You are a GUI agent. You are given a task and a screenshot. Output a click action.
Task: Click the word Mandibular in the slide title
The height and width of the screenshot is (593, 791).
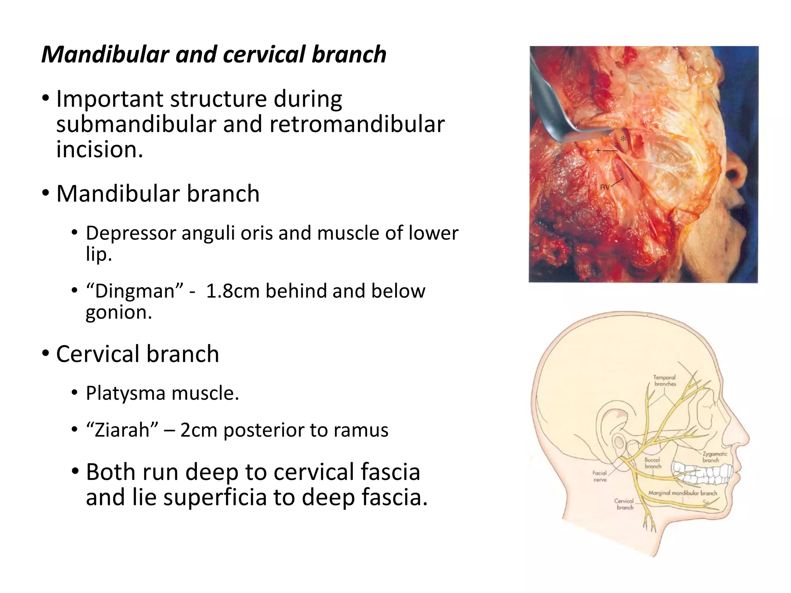click(105, 54)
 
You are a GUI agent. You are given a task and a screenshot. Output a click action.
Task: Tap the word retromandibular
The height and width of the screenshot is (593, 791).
click(357, 124)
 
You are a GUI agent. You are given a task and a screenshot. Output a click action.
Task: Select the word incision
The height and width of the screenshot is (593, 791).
click(100, 149)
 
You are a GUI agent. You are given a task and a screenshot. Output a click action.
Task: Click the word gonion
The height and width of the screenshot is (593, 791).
click(118, 312)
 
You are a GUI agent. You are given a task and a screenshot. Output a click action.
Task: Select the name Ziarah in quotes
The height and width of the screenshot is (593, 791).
click(122, 430)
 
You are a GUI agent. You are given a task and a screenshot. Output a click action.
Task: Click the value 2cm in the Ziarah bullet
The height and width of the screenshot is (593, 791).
click(198, 430)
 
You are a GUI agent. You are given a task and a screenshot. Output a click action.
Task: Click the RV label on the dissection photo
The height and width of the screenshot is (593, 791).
click(604, 187)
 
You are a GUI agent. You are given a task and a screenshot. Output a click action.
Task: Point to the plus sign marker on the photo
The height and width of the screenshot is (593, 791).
click(598, 151)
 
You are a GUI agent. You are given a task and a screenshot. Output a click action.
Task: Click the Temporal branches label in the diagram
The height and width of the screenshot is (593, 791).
click(665, 381)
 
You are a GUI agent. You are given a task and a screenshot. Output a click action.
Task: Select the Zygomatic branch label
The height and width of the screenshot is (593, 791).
click(714, 457)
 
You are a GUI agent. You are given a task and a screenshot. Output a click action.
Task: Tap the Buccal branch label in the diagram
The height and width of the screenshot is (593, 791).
click(653, 463)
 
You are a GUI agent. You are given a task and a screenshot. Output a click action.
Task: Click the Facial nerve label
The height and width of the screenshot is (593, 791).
click(599, 476)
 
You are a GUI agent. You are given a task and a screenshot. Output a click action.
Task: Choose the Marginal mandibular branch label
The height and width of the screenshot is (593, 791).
click(682, 493)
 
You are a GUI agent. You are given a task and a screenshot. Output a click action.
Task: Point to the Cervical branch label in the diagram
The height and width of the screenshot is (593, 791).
click(625, 504)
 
